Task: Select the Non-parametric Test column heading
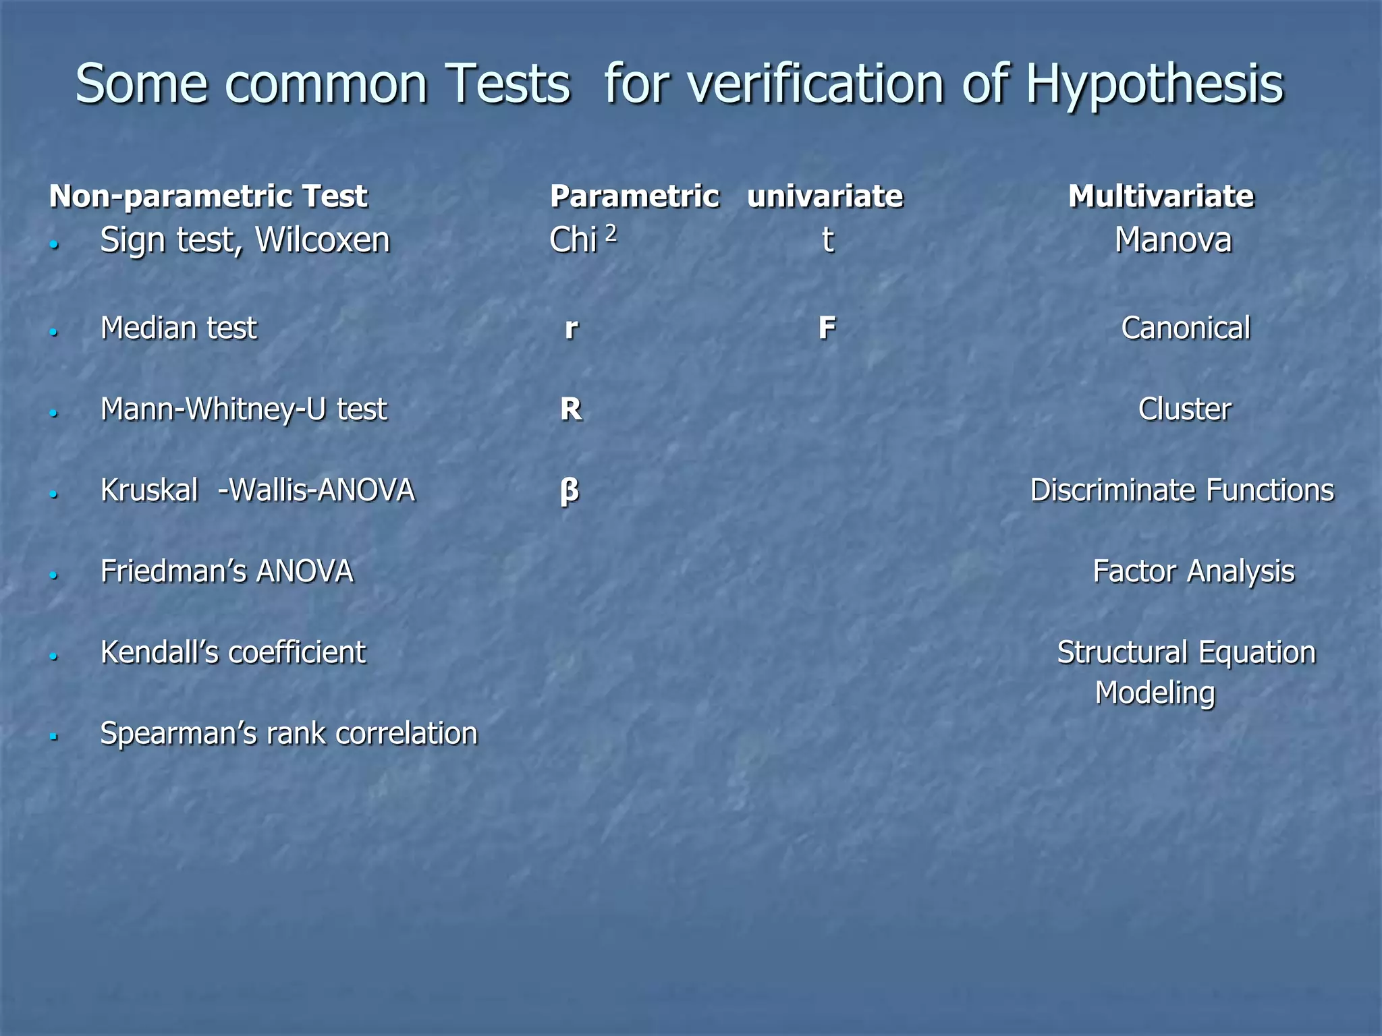tap(208, 196)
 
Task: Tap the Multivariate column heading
tap(1161, 196)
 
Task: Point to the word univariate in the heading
tap(825, 196)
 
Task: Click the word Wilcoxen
tap(323, 240)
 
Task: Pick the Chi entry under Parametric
tap(573, 240)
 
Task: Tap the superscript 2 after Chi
tap(611, 233)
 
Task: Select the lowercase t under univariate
tap(827, 240)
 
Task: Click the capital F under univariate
tap(827, 328)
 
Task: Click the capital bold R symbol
tap(571, 409)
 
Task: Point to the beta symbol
tap(570, 491)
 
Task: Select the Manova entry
tap(1173, 240)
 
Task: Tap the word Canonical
tap(1186, 328)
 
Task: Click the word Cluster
tap(1184, 409)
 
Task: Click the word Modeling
tap(1155, 693)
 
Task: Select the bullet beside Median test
tap(54, 332)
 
